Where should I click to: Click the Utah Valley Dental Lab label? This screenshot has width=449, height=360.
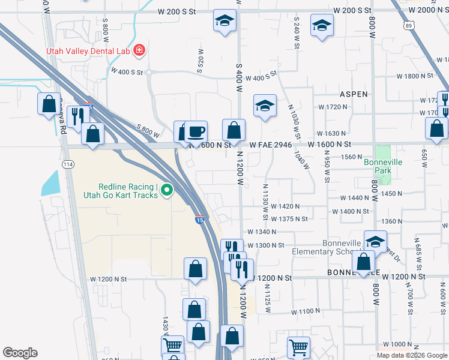pos(88,51)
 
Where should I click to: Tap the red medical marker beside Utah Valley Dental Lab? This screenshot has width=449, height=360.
pos(139,50)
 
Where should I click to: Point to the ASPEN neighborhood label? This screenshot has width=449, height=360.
pos(354,94)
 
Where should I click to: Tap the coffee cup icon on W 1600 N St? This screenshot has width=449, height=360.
pos(196,131)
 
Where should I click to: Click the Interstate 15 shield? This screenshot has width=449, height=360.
pos(199,220)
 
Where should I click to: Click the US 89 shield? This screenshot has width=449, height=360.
pos(409,25)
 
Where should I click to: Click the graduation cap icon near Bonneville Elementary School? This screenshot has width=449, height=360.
pos(375,241)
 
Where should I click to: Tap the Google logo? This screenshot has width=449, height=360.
pos(20,353)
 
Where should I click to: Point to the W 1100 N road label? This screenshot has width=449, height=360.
pos(307,312)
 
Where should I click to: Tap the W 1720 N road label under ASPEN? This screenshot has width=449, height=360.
pos(333,107)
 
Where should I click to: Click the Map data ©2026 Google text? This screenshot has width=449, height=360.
pos(412,355)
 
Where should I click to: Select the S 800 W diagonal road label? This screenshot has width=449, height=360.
pos(148,130)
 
